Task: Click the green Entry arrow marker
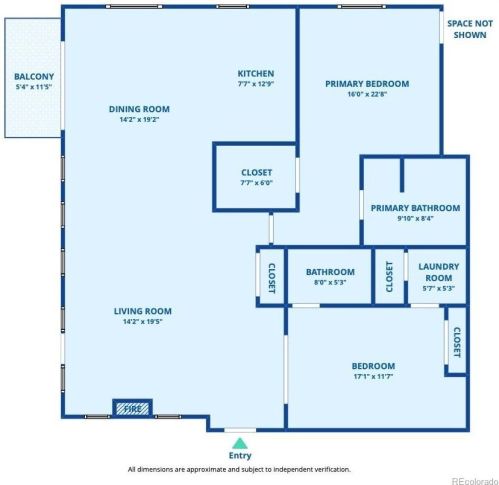[x=240, y=444]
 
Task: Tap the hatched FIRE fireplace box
[x=132, y=408]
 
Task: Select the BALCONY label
[x=34, y=76]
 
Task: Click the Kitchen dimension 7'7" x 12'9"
[x=256, y=84]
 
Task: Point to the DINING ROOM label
[x=139, y=109]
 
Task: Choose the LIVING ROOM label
[x=143, y=311]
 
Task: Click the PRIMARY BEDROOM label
[x=367, y=84]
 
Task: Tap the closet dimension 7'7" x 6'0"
[x=256, y=183]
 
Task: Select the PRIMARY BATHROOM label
[x=415, y=208]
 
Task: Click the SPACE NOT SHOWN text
[x=470, y=29]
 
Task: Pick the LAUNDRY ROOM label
[x=439, y=272]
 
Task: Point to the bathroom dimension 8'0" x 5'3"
[x=330, y=282]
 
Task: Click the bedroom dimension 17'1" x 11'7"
[x=373, y=376]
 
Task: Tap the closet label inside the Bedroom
[x=457, y=342]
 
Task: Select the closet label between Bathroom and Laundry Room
[x=389, y=277]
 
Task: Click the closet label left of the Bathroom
[x=272, y=278]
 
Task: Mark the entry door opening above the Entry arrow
[x=240, y=430]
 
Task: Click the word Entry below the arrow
[x=240, y=455]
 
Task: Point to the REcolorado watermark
[x=475, y=481]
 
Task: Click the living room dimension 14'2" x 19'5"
[x=143, y=321]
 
